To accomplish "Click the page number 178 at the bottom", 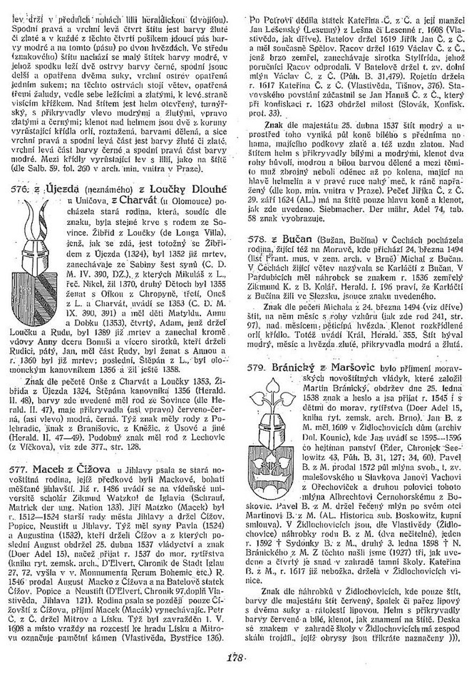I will [236, 657].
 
